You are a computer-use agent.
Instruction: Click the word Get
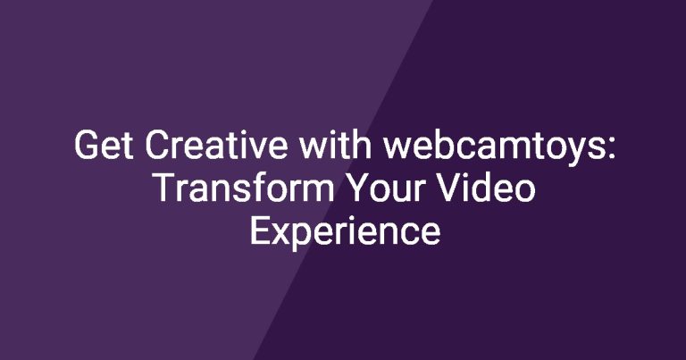coord(105,145)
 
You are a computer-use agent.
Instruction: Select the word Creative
coord(216,145)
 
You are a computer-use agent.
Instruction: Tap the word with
coord(336,145)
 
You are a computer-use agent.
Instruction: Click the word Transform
coord(245,188)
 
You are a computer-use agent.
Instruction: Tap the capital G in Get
coord(86,145)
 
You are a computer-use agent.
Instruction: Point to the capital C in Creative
coord(156,145)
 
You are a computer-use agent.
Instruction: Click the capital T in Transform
coord(166,188)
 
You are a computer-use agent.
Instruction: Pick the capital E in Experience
coord(260,231)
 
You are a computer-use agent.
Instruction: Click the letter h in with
coord(363,145)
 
